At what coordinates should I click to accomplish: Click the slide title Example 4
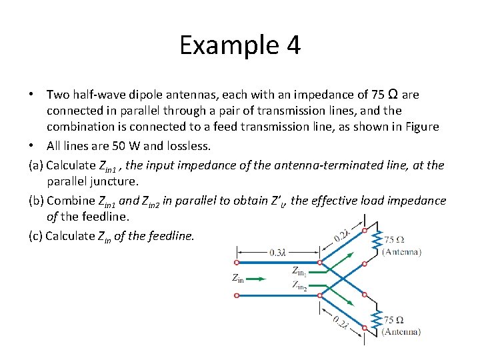(x=240, y=46)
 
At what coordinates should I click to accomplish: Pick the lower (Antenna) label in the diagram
(x=401, y=331)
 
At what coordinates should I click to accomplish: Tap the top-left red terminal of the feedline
(x=237, y=261)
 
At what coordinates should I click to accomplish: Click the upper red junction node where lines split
(x=320, y=262)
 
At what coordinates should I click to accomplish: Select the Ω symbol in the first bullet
(x=393, y=94)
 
